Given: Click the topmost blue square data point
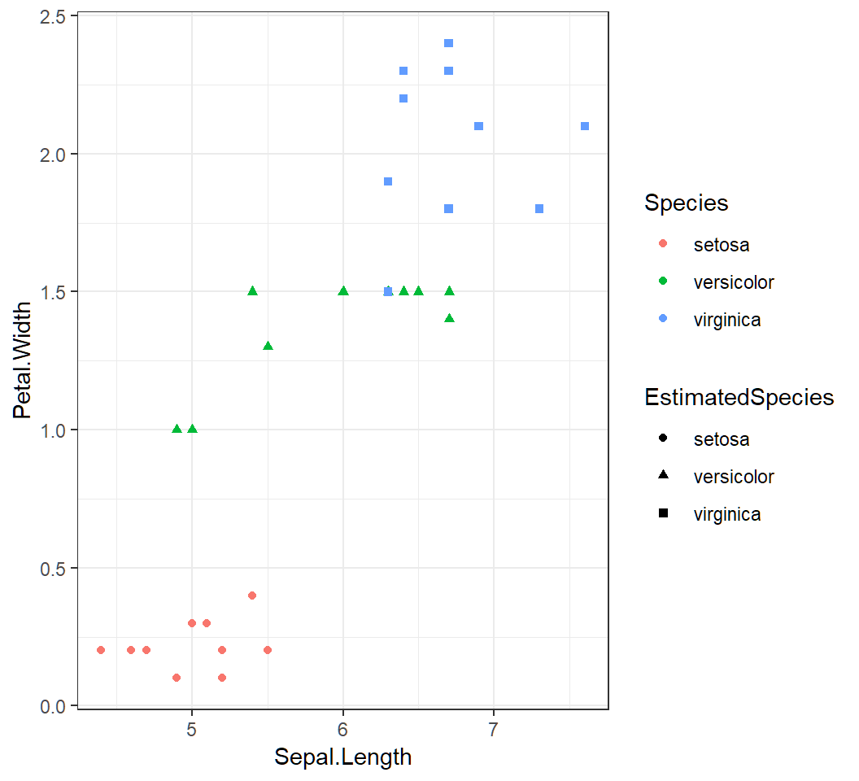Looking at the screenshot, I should [448, 43].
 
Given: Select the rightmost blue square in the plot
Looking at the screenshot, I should [585, 126].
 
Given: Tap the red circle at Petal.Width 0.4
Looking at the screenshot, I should [252, 596].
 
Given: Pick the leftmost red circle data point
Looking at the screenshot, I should [101, 650].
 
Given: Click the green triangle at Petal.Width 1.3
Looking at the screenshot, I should [268, 346].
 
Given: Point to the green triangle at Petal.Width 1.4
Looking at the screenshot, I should [449, 318].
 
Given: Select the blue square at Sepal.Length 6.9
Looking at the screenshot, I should [479, 126].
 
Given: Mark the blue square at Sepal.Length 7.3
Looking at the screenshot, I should [539, 208].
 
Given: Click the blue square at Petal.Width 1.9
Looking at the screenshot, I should [388, 181].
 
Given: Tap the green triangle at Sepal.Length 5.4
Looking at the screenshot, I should [252, 290].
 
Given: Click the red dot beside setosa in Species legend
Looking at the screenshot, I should [663, 243].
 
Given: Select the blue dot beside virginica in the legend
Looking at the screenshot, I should [663, 320].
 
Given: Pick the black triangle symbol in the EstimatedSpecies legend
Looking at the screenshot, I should [663, 476].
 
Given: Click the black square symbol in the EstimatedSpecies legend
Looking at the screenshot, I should [663, 513].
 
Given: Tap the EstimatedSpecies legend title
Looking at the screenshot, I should [739, 397].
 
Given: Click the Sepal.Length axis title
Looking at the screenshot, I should [342, 757].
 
